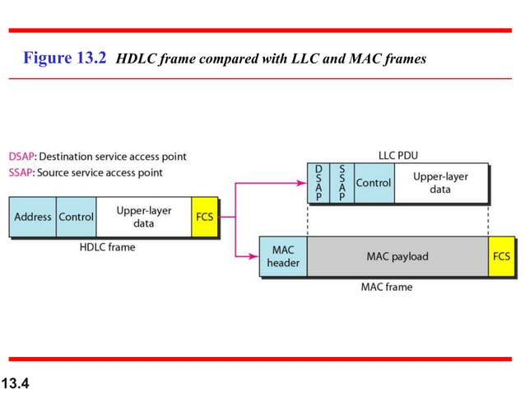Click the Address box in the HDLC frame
(33, 217)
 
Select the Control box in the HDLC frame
(77, 217)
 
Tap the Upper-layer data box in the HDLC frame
(143, 217)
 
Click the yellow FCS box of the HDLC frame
(205, 217)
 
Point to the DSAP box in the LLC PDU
(318, 183)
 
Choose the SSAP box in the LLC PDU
(341, 183)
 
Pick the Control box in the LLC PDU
(373, 183)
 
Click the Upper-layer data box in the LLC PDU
(440, 183)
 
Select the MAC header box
(283, 256)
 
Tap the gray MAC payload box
(397, 256)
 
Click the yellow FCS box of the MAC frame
(500, 256)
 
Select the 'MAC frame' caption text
(387, 287)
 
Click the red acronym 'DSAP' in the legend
(21, 156)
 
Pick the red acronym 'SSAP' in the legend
(21, 172)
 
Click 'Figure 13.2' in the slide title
(66, 59)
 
